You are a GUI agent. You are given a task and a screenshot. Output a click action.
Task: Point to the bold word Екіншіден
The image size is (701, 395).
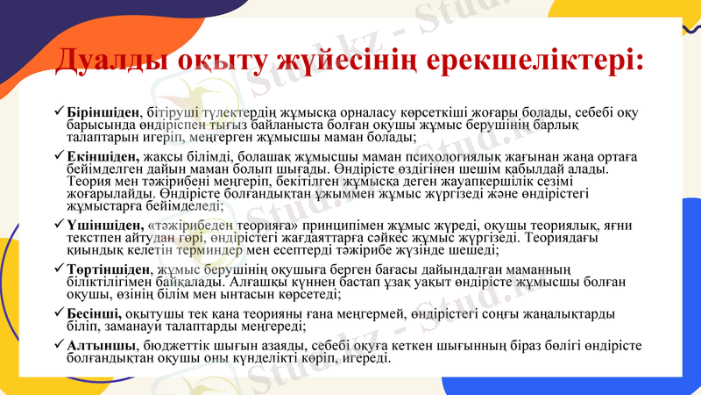point(103,155)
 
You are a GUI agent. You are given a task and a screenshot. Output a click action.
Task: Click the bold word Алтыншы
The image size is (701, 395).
point(100,345)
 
